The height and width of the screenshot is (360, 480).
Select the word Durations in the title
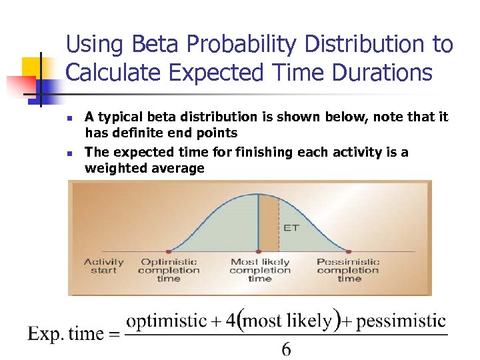coord(380,72)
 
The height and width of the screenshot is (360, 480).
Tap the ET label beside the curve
coord(291,227)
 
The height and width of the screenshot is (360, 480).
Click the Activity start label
coord(103,266)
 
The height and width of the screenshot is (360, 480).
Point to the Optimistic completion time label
coord(168,270)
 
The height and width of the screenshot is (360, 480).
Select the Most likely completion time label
coord(259,270)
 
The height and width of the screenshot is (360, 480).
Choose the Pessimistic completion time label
coord(348,270)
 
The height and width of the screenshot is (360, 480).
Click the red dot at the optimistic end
coord(168,251)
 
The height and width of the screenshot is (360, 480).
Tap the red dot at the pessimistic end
coord(349,251)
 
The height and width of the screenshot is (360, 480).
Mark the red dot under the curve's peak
coord(258,251)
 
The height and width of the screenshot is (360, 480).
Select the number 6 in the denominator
coord(286,349)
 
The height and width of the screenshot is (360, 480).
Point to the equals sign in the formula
coord(114,334)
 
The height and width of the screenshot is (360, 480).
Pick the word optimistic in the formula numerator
coord(166,321)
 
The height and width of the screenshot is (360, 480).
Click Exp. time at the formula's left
coord(65,334)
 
